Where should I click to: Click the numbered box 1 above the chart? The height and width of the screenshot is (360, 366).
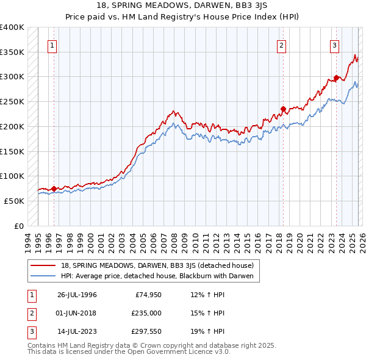[52, 45]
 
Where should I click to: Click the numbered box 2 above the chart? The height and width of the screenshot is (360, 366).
[282, 45]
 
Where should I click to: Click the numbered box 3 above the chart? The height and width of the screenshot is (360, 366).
[335, 45]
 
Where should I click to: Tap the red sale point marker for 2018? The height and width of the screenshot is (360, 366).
[283, 109]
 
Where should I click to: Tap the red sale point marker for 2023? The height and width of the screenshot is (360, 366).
[336, 78]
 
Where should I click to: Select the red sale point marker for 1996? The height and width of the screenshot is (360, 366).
[54, 189]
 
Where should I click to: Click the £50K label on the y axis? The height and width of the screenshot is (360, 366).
[14, 201]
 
